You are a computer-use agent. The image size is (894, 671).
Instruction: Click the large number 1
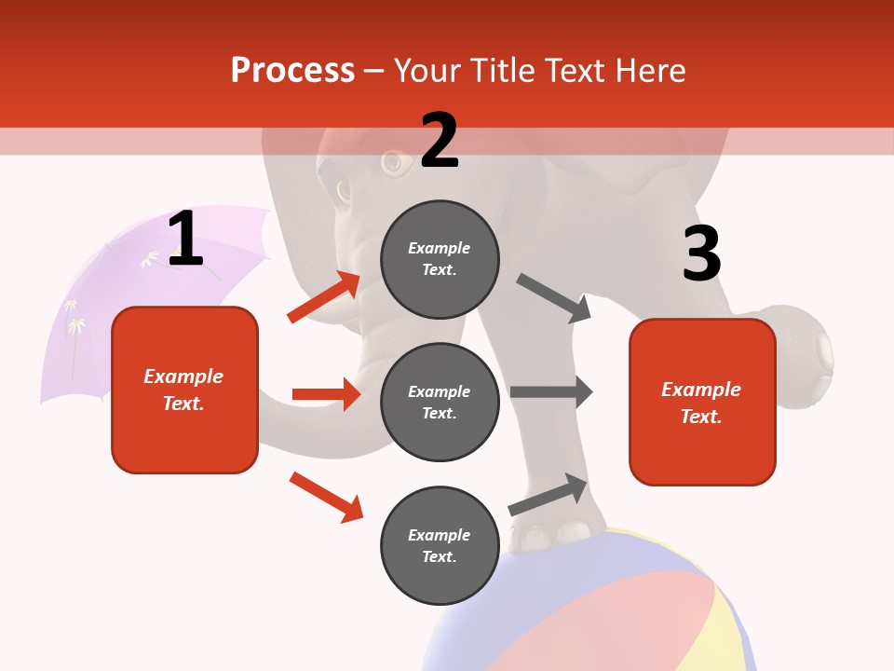tap(185, 239)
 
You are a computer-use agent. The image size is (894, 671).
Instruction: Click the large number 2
tap(440, 141)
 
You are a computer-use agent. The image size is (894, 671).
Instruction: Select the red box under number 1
tap(184, 390)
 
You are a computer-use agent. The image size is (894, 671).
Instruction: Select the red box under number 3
tap(702, 402)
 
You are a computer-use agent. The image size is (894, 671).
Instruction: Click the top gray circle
tap(440, 259)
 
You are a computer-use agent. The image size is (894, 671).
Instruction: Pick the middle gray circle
tap(440, 402)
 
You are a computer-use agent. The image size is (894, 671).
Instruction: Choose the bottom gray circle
tap(440, 545)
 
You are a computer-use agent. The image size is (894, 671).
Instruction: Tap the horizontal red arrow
tap(326, 394)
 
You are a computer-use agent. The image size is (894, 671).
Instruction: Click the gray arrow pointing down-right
tap(554, 298)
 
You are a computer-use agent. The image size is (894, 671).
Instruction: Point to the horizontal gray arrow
tap(551, 392)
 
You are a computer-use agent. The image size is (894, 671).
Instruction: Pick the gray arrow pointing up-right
tap(549, 495)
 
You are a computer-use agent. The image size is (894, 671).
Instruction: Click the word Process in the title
tap(292, 71)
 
